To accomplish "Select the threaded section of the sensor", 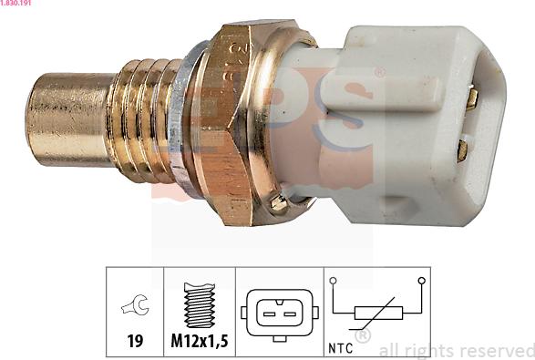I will click(x=146, y=118).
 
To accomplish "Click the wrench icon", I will click(x=134, y=310).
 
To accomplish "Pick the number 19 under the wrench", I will click(x=134, y=344).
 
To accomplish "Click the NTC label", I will click(x=342, y=347).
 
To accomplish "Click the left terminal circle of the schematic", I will click(x=334, y=281).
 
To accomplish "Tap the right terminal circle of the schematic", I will click(x=420, y=281).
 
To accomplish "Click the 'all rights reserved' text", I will click(x=456, y=349).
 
